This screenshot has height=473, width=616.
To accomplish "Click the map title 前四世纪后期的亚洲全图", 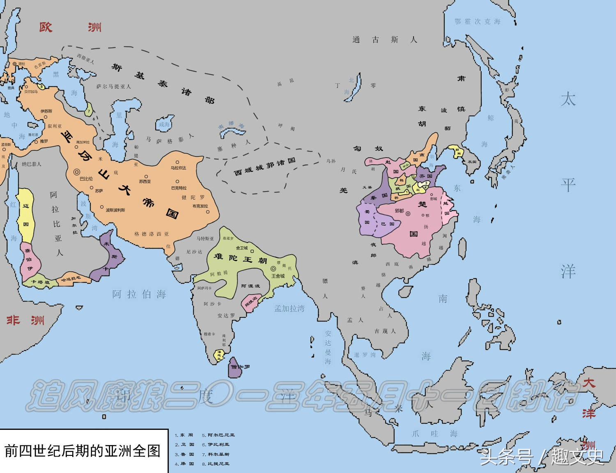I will (x=82, y=451).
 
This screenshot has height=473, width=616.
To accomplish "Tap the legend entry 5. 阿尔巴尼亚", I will (x=218, y=435).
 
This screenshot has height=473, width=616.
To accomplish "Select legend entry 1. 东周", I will (x=184, y=435).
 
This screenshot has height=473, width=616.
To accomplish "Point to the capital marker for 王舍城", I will (x=273, y=269).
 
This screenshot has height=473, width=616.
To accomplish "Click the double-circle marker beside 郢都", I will (x=408, y=214).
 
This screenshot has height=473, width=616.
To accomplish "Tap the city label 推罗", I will (x=44, y=141).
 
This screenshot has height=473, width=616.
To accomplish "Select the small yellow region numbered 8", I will (x=41, y=86).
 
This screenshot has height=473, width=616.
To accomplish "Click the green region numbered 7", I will (x=88, y=110).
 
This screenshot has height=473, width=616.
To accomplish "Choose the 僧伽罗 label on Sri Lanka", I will (x=240, y=367).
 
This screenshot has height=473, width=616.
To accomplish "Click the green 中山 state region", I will (x=406, y=166).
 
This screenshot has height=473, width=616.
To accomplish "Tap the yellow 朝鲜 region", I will (x=456, y=150).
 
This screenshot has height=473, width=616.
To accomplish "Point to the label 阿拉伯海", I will (x=139, y=294).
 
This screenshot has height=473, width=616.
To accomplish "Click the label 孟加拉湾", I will (x=290, y=308).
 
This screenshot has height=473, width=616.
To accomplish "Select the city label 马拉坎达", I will (x=178, y=168).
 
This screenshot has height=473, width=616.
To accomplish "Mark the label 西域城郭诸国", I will (x=264, y=167).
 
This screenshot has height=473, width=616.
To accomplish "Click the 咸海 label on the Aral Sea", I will (x=164, y=124).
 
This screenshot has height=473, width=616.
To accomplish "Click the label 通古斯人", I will (x=384, y=40).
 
